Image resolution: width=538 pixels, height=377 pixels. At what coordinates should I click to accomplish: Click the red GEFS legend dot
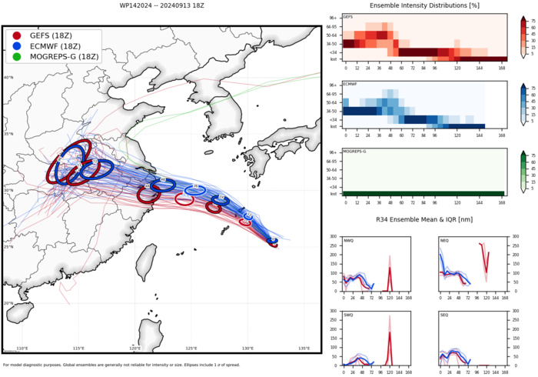coord(17,35)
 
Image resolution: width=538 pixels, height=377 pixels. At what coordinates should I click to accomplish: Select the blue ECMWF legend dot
coord(17,46)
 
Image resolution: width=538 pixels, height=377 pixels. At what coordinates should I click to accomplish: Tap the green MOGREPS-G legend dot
coord(17,57)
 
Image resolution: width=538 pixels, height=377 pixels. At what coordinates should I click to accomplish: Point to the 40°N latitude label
coord(8,78)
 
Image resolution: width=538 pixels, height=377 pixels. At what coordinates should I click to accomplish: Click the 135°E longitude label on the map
coord(304,349)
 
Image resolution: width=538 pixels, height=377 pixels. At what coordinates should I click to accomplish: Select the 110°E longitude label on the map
coord(22,349)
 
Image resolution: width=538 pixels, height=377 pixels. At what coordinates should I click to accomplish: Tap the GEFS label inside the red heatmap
coord(349,16)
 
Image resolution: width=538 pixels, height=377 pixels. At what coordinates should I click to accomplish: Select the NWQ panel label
coord(349,242)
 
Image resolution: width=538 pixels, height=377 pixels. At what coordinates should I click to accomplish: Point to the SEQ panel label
coord(443,315)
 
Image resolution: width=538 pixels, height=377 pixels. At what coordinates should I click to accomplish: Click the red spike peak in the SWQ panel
coord(390,332)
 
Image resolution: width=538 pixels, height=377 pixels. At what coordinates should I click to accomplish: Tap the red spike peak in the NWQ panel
coord(390,268)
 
